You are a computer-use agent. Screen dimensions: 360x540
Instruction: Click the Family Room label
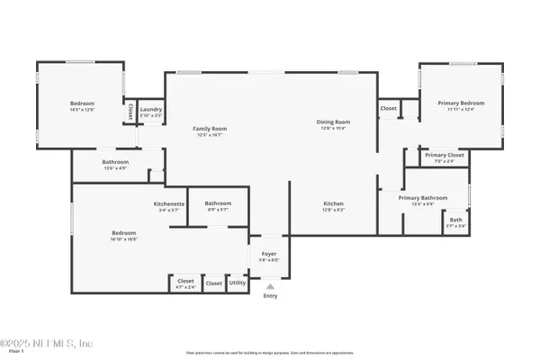pos(210,129)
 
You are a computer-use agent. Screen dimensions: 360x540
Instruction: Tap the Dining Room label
pos(332,121)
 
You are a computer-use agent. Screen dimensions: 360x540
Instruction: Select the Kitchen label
pos(333,204)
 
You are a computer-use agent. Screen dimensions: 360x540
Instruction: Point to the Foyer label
pos(269,255)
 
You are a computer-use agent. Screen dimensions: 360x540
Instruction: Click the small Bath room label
pos(456,220)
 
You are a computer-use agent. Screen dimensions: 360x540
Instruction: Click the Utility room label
pos(238,283)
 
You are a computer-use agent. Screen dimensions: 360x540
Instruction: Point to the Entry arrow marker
pos(269,286)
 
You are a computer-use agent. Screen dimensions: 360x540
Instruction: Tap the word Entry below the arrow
pos(269,296)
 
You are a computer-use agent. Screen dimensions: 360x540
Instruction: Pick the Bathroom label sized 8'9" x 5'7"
pos(218,202)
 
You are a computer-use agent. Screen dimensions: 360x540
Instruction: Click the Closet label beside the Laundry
pos(130,112)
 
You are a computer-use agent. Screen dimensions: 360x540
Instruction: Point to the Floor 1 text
pos(12,354)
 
